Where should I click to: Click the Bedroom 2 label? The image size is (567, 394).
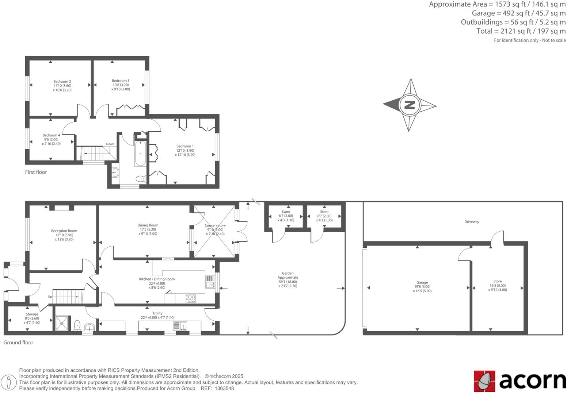(x=62, y=81)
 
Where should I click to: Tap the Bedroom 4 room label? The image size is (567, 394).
(x=51, y=135)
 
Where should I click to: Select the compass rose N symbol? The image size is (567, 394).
(x=409, y=105)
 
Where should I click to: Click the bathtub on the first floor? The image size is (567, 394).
(x=141, y=154)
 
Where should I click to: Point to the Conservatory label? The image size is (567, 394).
(x=215, y=225)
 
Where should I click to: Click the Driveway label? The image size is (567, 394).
(x=472, y=222)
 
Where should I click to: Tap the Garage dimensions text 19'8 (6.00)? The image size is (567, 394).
(x=422, y=287)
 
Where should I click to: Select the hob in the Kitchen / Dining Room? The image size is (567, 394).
(x=191, y=298)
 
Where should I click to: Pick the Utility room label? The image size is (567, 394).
(x=157, y=313)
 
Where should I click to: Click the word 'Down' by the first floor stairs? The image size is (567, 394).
(x=110, y=144)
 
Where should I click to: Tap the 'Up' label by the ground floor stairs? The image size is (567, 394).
(x=50, y=297)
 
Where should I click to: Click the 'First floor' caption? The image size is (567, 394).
(x=36, y=172)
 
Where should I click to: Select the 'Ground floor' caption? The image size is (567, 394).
(x=18, y=343)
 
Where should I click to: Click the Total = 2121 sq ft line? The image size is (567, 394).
(x=521, y=31)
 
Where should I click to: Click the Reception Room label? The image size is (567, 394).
(x=64, y=231)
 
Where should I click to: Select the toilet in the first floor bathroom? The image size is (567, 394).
(x=140, y=179)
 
